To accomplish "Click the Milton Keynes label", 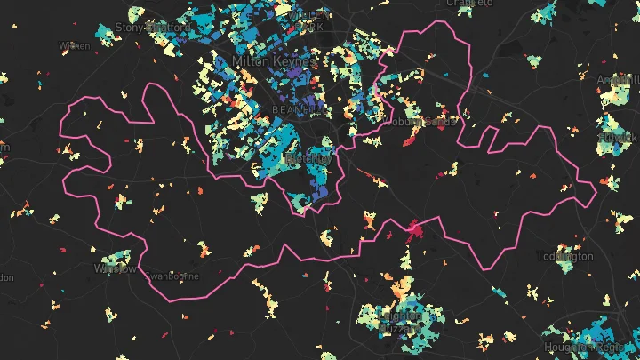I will pos(273,60).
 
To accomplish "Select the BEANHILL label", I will pos(284,108).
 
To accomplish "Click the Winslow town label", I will pos(116,268).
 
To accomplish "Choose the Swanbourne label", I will pos(174,276).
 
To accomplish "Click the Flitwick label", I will pos(619,139).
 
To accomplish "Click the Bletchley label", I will pos(307,157).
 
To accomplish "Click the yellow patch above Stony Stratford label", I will pos(135,14).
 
